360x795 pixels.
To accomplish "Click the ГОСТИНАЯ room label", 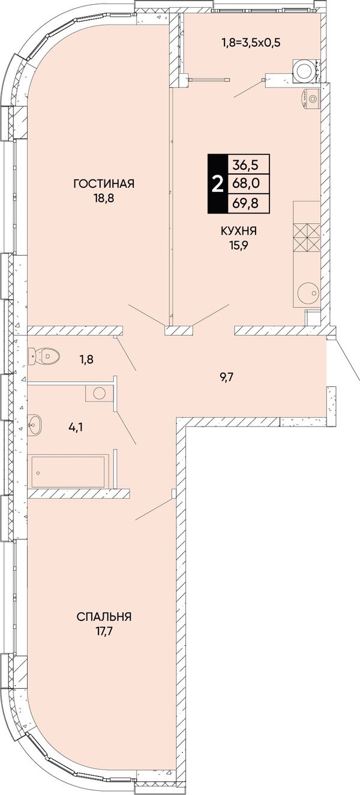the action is pyautogui.click(x=104, y=184).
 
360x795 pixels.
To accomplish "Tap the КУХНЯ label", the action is pyautogui.click(x=239, y=232).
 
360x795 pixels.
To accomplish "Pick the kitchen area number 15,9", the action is pyautogui.click(x=239, y=245).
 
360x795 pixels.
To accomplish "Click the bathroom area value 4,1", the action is pyautogui.click(x=76, y=427).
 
